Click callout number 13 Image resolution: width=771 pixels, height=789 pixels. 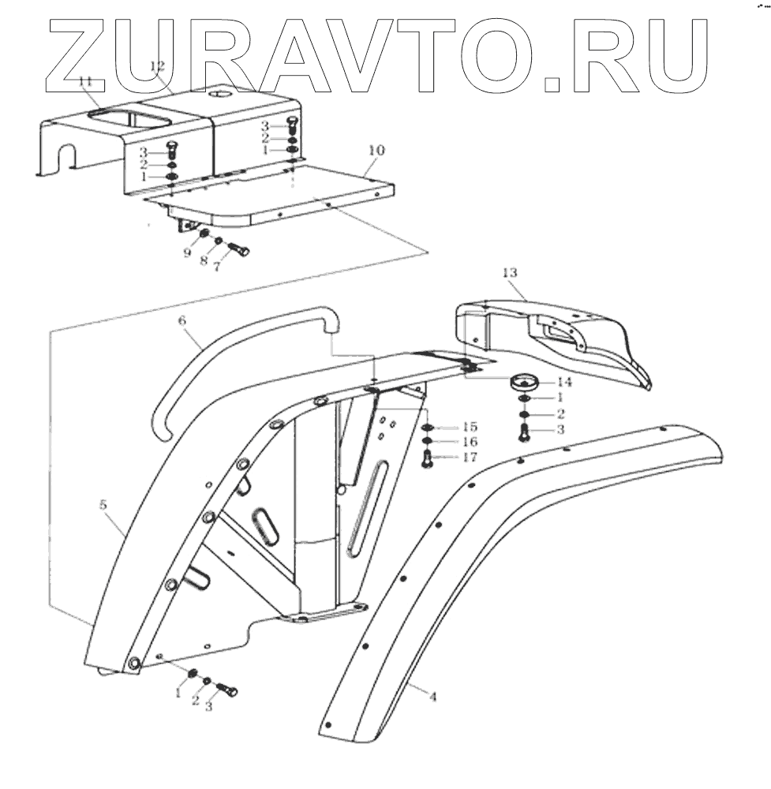[x=509, y=272]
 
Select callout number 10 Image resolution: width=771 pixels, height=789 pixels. [x=376, y=150]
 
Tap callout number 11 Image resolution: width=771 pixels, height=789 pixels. [x=85, y=81]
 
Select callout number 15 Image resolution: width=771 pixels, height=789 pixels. [x=470, y=427]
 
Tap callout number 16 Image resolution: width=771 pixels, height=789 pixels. [x=470, y=442]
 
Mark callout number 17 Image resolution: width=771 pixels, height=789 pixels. [x=470, y=457]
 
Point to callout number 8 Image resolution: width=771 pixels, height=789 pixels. [x=204, y=261]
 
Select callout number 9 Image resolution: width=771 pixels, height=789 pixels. [x=187, y=253]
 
